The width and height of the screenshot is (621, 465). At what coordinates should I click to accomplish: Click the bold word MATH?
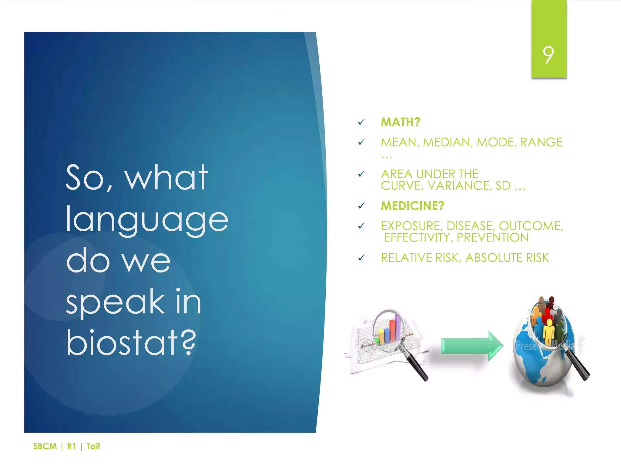[x=400, y=122]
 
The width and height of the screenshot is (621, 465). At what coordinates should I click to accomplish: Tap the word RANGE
[x=541, y=142]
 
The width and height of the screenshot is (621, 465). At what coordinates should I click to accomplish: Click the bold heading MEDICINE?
[x=412, y=206]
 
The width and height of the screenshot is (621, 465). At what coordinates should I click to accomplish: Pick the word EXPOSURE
[x=411, y=226]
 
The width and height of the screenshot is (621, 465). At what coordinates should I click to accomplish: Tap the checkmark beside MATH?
[x=361, y=122]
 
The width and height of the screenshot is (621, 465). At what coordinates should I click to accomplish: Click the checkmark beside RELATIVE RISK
[x=361, y=258]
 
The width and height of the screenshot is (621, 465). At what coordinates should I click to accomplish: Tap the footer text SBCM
[x=45, y=446]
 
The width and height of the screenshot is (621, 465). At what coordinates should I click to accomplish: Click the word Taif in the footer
[x=93, y=446]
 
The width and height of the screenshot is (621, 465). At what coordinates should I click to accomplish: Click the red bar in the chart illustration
[x=392, y=330]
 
